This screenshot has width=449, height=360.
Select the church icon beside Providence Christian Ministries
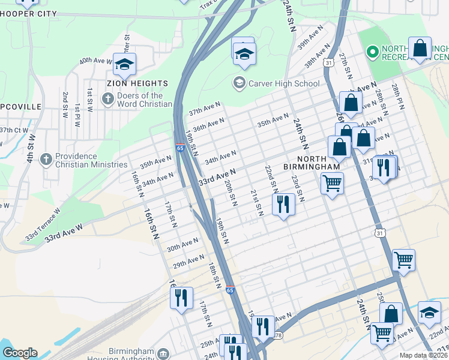coord(46,159)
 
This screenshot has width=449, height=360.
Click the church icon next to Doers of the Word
coord(107,99)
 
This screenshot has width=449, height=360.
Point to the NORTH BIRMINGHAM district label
coord(310,161)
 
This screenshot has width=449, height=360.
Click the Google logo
coord(19,353)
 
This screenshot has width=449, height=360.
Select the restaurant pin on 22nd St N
coord(283,205)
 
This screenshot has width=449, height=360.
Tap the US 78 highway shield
coord(277,335)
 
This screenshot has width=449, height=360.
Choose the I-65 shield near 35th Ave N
coord(180,148)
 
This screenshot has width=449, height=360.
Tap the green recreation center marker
coord(372,53)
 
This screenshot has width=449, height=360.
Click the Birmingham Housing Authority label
coord(130,355)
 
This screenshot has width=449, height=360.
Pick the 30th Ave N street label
coord(182,244)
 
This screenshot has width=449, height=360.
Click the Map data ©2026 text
coord(423,355)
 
